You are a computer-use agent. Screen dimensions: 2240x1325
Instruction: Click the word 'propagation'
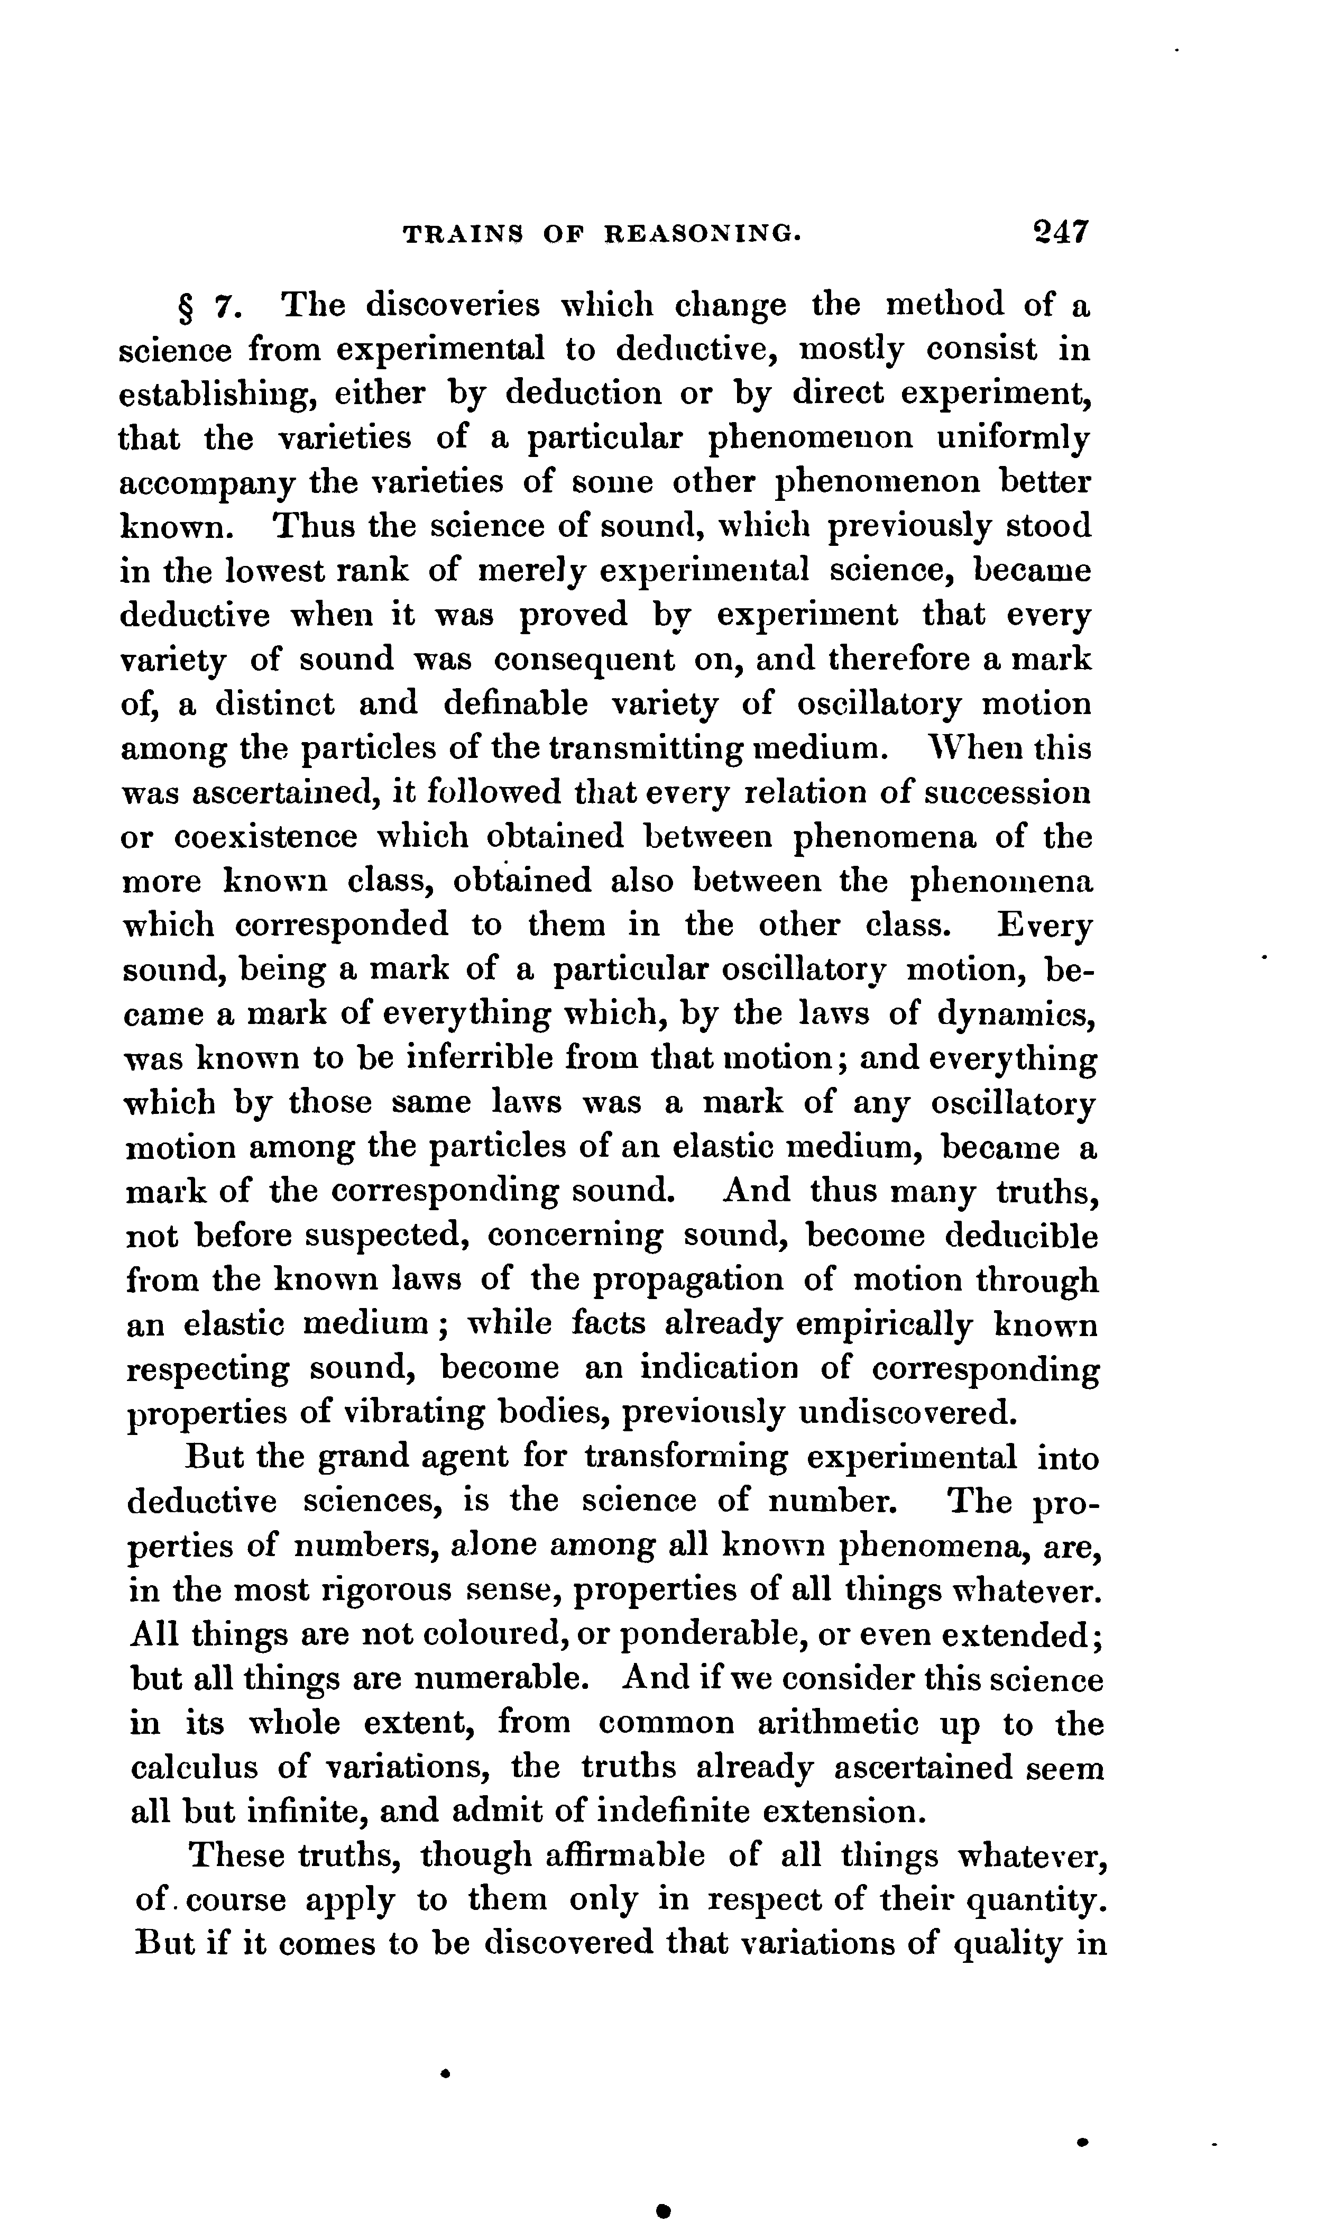[x=687, y=1281]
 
